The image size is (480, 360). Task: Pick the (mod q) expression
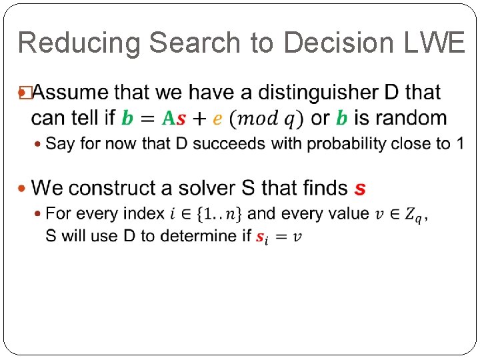click(x=265, y=119)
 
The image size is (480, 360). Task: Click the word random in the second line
click(x=409, y=118)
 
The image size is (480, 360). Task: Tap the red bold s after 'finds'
click(x=360, y=189)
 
